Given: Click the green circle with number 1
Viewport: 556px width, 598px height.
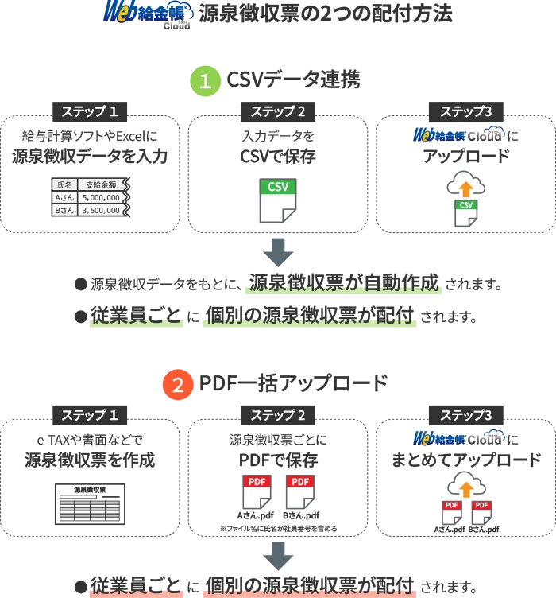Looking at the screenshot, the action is [205, 81].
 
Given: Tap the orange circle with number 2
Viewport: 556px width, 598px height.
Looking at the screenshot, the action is [178, 384].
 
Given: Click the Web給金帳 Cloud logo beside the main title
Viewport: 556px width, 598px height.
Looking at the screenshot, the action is [148, 15].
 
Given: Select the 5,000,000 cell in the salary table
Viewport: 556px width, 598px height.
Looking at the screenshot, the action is [101, 197].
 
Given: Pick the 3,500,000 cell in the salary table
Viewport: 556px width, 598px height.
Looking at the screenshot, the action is [101, 210].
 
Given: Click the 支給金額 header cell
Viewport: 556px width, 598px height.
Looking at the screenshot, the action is [101, 185].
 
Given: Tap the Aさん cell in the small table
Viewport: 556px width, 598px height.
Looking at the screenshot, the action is [64, 197].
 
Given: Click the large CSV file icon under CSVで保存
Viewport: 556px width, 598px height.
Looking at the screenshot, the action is [278, 200].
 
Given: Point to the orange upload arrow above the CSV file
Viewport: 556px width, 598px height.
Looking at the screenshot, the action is [465, 188].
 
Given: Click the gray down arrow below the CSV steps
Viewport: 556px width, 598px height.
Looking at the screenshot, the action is [278, 252].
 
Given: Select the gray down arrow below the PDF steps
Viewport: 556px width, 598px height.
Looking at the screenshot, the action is [278, 556].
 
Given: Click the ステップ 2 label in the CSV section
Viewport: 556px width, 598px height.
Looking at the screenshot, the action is [278, 111].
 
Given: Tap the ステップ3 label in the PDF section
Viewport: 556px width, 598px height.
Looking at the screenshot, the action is [466, 415].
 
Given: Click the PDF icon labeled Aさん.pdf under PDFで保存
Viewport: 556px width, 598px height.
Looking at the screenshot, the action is [257, 492].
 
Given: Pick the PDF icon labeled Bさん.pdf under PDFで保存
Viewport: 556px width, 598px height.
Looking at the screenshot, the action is [300, 492].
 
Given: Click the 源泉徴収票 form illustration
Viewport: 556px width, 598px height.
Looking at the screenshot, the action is [90, 504].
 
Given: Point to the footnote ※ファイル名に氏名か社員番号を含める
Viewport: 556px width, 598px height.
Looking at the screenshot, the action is [278, 529].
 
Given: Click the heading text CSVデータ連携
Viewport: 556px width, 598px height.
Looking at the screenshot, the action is [293, 80].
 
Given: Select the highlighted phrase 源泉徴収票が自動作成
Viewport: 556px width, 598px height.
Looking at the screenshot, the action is [343, 283].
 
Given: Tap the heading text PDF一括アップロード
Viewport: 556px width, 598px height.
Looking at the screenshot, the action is [293, 383].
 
